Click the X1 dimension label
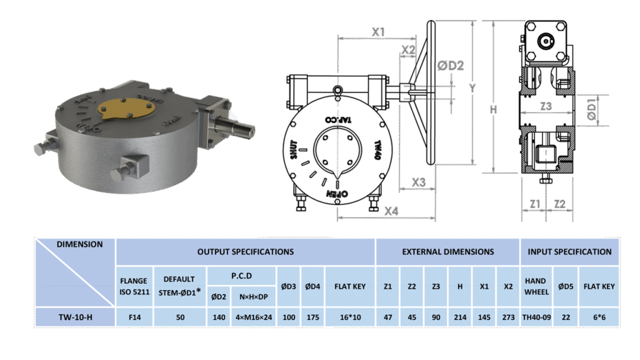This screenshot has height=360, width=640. pos(378,32)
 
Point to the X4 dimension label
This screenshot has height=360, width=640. pos(391,211)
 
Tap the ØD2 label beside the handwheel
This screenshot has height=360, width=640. pos(451,65)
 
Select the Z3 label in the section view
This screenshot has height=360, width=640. pos(546,106)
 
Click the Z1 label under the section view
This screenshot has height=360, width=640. pos(535,204)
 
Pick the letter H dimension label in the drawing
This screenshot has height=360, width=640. pos(494,109)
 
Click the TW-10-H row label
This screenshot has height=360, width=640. pos(76,317)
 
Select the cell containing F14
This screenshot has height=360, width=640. pos(135,317)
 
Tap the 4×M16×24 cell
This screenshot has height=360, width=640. pos(254,317)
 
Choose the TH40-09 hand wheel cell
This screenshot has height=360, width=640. pos(536,317)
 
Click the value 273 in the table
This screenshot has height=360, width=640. pos(508,317)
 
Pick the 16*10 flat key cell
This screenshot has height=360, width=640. pos(350,317)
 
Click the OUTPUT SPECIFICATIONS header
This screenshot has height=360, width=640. pos(245,252)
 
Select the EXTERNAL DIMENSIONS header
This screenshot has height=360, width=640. pos(447,252)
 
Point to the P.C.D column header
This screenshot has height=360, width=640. pos(242,276)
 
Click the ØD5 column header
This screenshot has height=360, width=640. pos(566,286)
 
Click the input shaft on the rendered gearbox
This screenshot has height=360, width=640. pos(236,126)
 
